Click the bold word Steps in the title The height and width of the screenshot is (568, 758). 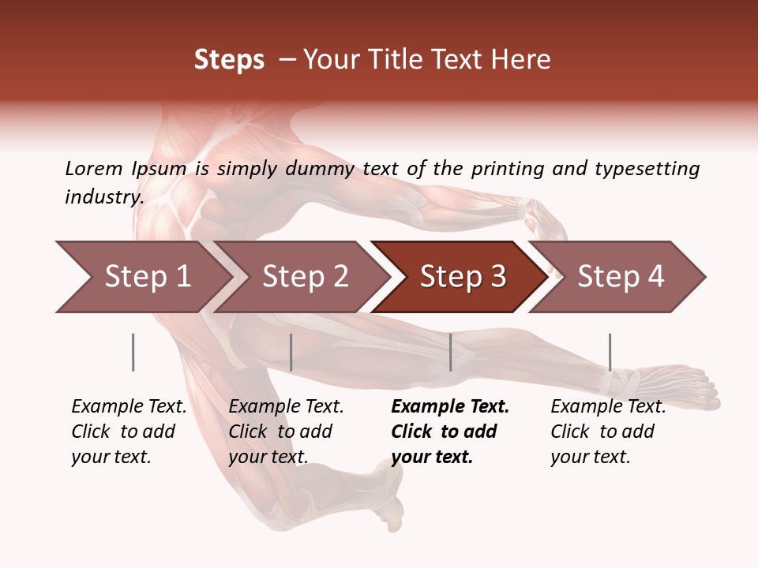tap(229, 60)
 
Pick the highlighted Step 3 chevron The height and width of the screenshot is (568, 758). tap(462, 277)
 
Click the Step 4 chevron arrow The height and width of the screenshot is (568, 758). tap(620, 277)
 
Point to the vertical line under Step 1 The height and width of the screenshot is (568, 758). tap(133, 352)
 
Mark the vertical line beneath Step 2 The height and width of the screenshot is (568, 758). tap(291, 352)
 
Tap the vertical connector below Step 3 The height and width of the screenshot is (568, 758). tap(451, 352)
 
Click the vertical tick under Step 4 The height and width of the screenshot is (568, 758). tap(610, 352)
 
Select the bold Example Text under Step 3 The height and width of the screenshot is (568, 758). tap(450, 407)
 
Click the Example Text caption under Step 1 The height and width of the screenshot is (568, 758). tap(129, 407)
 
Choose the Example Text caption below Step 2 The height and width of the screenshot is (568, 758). tap(286, 407)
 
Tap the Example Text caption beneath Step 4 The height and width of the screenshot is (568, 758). tap(608, 407)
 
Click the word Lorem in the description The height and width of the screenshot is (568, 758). tap(94, 169)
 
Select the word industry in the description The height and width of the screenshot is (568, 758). tap(103, 197)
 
